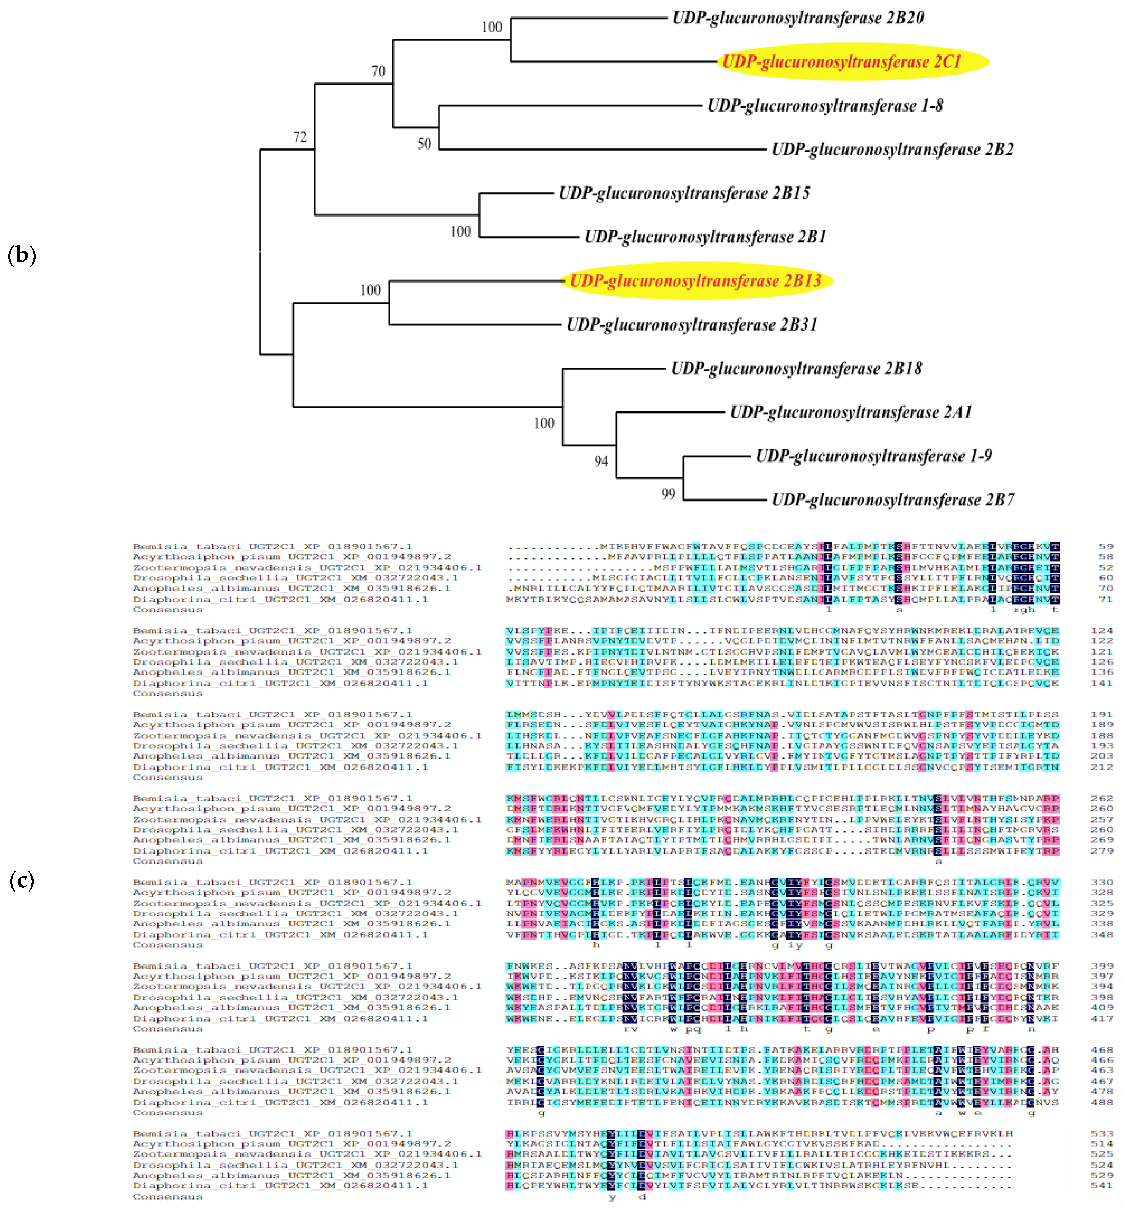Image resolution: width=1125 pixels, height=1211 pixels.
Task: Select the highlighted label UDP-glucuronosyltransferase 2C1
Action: pyautogui.click(x=841, y=61)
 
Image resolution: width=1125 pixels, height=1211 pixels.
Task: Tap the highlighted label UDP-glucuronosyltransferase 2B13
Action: pyautogui.click(x=695, y=281)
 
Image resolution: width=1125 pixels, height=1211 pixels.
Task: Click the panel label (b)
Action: pyautogui.click(x=22, y=255)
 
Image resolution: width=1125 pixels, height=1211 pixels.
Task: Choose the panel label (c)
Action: pyautogui.click(x=22, y=881)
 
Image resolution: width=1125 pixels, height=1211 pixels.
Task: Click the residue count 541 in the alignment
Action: pyautogui.click(x=1102, y=1186)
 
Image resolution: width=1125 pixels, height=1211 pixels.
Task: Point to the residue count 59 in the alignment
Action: pyautogui.click(x=1105, y=546)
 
